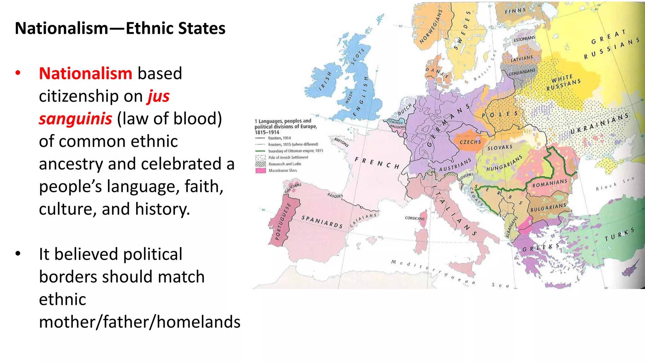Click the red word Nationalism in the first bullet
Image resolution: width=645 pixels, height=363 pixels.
point(85,73)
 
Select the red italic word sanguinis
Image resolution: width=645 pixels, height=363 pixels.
point(75,119)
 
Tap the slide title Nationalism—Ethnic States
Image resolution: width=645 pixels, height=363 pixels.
point(120,28)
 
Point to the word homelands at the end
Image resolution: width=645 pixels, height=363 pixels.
point(198,322)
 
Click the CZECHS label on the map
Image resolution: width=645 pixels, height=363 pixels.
point(470,142)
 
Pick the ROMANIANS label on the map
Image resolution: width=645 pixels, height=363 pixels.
point(550,183)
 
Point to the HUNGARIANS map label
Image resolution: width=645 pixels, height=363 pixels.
point(504,163)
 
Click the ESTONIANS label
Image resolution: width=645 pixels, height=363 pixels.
point(524,39)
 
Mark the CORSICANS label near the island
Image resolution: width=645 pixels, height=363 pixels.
point(415,218)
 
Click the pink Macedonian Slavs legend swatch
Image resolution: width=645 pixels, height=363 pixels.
point(260,170)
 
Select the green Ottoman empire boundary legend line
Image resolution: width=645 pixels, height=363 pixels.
point(260,151)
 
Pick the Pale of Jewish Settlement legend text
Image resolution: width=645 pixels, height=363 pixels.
point(288,157)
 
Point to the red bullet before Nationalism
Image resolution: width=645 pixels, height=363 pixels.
point(18,73)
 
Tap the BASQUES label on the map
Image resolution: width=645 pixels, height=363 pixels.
point(335,196)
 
